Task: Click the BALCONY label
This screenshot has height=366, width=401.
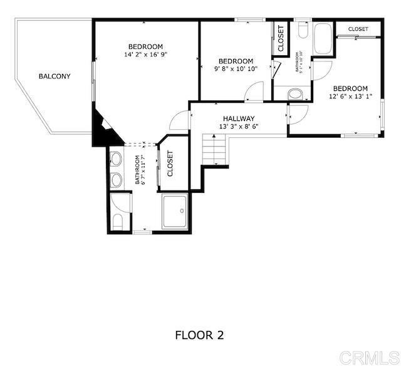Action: [55, 76]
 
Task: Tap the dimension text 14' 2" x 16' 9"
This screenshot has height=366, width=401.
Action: [146, 55]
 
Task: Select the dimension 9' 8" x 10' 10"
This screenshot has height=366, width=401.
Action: [236, 69]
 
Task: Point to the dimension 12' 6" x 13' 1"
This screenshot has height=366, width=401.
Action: [350, 96]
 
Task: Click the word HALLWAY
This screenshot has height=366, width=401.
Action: [239, 118]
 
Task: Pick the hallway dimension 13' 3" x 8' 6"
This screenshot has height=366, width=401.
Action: [239, 126]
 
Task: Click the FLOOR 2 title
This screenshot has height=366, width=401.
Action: [199, 335]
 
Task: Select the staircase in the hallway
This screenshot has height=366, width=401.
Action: [214, 150]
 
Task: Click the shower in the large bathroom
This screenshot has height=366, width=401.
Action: [175, 211]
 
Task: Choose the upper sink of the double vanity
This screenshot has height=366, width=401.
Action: [117, 159]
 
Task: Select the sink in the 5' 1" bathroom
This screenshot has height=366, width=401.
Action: [296, 95]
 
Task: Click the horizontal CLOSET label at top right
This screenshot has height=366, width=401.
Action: [358, 29]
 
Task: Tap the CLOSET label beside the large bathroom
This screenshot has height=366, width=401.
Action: [169, 164]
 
